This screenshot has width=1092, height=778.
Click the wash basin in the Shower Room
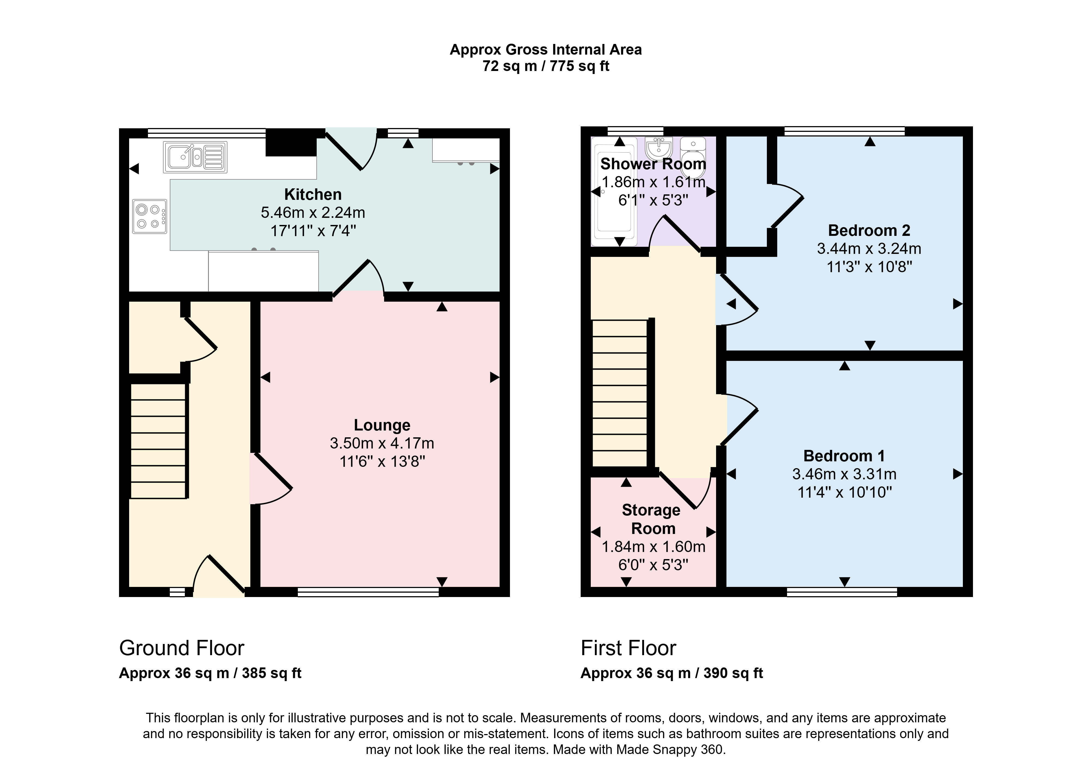click(x=659, y=149)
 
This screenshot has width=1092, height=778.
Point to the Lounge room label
click(x=382, y=425)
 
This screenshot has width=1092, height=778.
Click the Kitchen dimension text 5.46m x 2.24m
click(x=313, y=212)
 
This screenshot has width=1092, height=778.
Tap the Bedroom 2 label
click(x=869, y=230)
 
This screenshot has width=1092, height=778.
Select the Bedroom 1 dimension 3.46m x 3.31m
click(x=844, y=474)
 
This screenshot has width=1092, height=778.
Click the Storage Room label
click(x=652, y=519)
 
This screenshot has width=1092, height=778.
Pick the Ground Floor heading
click(x=182, y=648)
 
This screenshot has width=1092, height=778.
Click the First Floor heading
click(x=628, y=648)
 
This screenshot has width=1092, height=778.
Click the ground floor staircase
click(x=158, y=441)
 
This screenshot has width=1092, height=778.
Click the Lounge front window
click(x=368, y=593)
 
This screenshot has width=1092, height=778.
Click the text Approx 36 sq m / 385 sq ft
click(x=210, y=673)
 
